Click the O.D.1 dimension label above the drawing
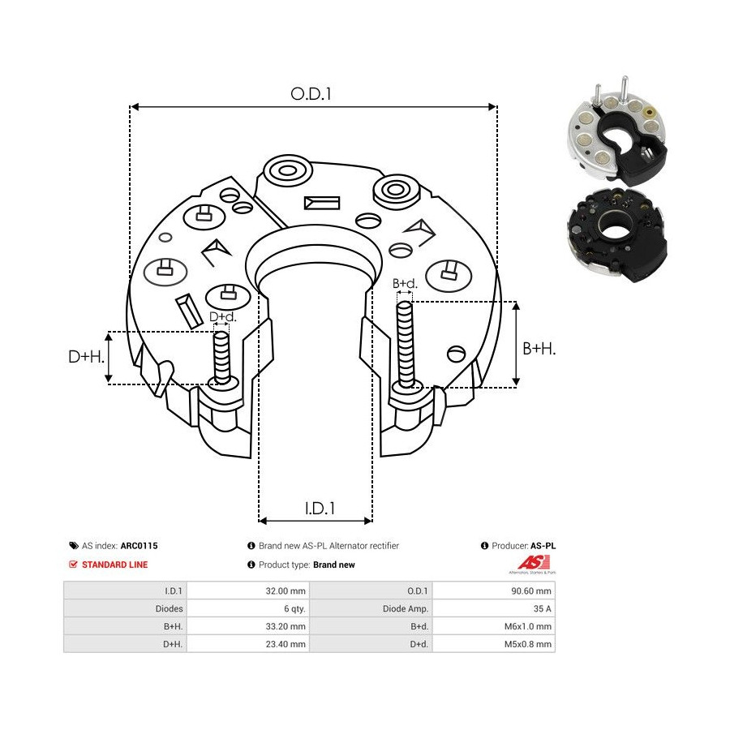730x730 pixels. [311, 94]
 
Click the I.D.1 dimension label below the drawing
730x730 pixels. [320, 509]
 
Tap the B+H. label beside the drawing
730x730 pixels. [539, 349]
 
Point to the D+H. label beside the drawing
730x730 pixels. [86, 357]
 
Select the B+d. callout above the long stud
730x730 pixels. [405, 284]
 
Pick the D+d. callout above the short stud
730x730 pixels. [222, 317]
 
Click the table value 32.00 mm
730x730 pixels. [286, 590]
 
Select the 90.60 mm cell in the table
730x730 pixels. [531, 590]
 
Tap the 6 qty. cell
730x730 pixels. [294, 608]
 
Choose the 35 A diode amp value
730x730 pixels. [543, 608]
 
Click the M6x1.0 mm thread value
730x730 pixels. [528, 626]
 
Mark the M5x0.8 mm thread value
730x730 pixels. [528, 644]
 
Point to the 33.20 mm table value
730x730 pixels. [286, 626]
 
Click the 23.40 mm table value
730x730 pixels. [286, 644]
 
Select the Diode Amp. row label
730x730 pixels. [405, 608]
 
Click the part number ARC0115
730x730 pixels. [139, 546]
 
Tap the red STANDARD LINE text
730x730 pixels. [114, 565]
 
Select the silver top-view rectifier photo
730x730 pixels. [617, 133]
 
